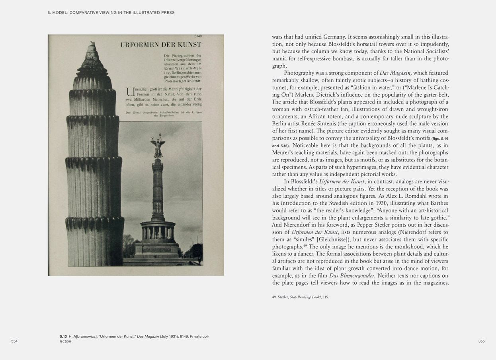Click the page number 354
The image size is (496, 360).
(14, 341)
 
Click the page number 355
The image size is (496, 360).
(481, 341)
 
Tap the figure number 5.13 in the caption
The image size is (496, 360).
(63, 337)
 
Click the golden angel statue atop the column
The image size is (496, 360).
(158, 146)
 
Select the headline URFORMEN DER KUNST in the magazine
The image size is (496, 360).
(160, 45)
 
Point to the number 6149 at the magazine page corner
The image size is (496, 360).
(198, 37)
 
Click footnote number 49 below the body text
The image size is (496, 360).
(274, 297)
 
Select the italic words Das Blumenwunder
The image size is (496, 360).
(351, 276)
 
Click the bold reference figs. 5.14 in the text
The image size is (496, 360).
(440, 138)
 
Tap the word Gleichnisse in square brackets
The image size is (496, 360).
(333, 239)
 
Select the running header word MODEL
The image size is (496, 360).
(60, 13)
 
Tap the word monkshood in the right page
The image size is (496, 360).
(401, 247)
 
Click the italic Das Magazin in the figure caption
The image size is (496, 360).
(148, 337)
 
